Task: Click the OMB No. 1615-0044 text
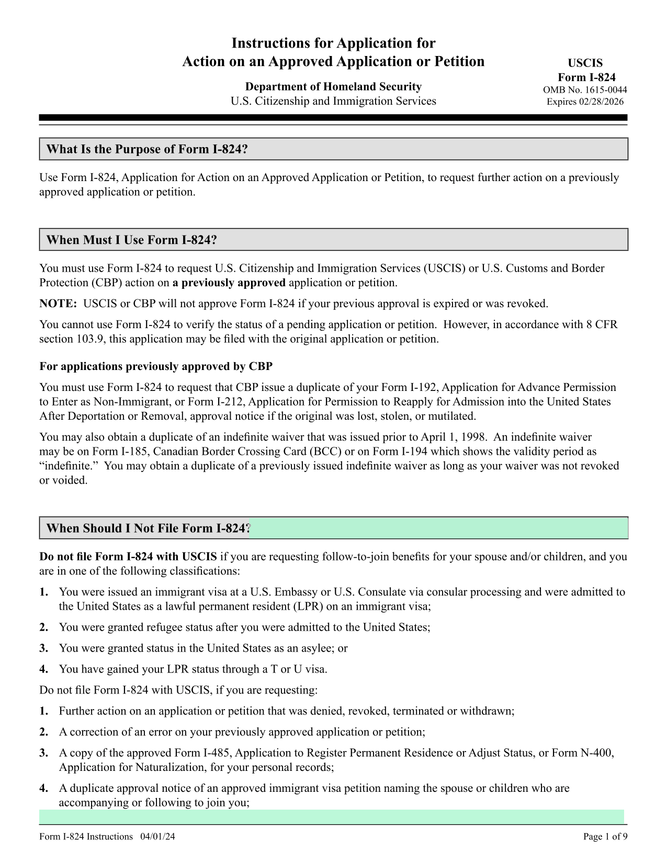click(x=585, y=90)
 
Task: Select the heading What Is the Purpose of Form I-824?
click(x=147, y=150)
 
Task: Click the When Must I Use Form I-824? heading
click(x=131, y=240)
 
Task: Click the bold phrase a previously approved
click(x=229, y=283)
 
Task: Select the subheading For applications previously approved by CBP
click(x=156, y=366)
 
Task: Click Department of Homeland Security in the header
click(x=333, y=87)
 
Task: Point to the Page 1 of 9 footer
click(x=605, y=836)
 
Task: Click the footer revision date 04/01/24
click(x=157, y=836)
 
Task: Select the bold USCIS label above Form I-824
click(x=585, y=63)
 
